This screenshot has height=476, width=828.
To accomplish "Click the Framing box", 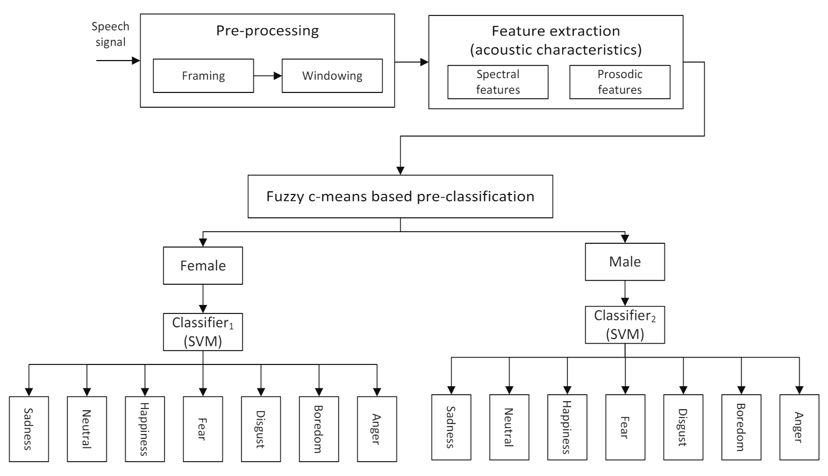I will tap(203, 76).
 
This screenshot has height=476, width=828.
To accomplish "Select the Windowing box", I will tap(332, 76).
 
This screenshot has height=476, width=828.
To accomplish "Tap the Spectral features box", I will tap(497, 82).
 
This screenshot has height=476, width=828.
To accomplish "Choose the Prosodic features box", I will tap(619, 82).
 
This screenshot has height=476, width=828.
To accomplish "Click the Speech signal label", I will tap(110, 34).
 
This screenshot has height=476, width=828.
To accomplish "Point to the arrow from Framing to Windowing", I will tap(268, 76).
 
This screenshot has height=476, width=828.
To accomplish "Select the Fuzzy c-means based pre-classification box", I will tap(400, 197).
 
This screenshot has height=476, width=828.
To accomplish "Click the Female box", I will tap(203, 266).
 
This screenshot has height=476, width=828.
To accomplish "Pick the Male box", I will tap(625, 262).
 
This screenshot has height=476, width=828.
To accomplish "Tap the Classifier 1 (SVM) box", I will tap(203, 332).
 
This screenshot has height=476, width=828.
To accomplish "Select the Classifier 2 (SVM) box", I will tap(625, 325).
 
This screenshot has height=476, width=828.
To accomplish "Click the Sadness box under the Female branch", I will tap(29, 429).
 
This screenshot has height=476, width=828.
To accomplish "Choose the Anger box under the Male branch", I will tap(799, 427).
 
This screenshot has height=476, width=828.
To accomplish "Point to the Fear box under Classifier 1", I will tap(203, 429).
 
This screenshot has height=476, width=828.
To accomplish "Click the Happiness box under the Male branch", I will tap(567, 427).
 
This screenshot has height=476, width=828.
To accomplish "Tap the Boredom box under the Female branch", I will tap(318, 429).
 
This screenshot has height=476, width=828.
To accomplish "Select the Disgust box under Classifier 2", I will tap(683, 427).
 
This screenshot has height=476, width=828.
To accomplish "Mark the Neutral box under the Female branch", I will tap(87, 429).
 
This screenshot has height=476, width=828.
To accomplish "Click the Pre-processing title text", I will tap(268, 31).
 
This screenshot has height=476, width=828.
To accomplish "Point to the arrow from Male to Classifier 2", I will tap(625, 293).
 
